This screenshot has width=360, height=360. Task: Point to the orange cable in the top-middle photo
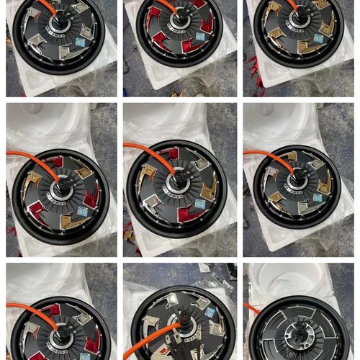pyautogui.click(x=165, y=6)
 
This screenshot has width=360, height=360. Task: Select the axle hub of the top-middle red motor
pyautogui.click(x=179, y=22)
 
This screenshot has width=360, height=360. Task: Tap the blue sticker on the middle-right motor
pyautogui.click(x=318, y=197)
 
